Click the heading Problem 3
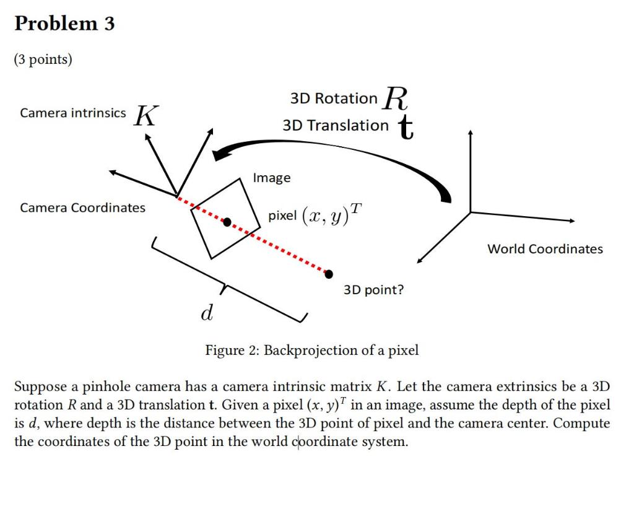click(64, 24)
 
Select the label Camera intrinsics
click(72, 113)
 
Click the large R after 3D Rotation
click(396, 98)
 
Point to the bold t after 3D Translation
click(406, 127)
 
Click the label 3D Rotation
click(334, 98)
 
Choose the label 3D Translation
click(336, 126)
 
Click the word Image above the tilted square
click(271, 178)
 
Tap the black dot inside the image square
click(227, 222)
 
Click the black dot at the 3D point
click(329, 274)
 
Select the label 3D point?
click(373, 290)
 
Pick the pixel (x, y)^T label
click(314, 215)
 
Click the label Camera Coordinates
click(82, 208)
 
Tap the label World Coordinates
click(545, 249)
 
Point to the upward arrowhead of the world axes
click(471, 133)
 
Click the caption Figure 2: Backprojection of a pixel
click(312, 351)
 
